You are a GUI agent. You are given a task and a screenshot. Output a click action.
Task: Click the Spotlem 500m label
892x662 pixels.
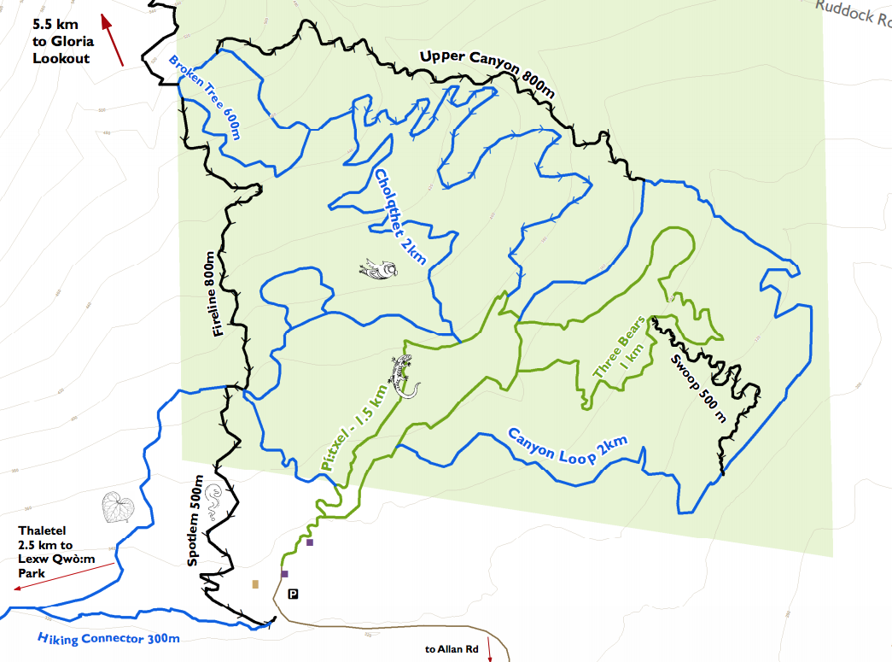[x=194, y=521]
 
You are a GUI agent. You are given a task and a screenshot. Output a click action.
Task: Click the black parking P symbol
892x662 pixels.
[x=293, y=594]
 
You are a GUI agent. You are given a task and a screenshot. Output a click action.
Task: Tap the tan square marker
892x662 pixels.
[x=255, y=584]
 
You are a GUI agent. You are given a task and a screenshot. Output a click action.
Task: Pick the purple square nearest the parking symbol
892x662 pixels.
[x=285, y=574]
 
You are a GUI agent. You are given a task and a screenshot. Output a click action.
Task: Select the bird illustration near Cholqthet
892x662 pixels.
[x=379, y=270]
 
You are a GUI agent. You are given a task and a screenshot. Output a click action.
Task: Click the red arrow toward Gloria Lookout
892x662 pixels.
[x=113, y=40]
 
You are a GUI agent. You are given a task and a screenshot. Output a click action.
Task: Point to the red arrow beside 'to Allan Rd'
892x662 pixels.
[x=490, y=648]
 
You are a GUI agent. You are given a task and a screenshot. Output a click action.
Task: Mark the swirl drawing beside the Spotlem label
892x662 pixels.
[x=213, y=496]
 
